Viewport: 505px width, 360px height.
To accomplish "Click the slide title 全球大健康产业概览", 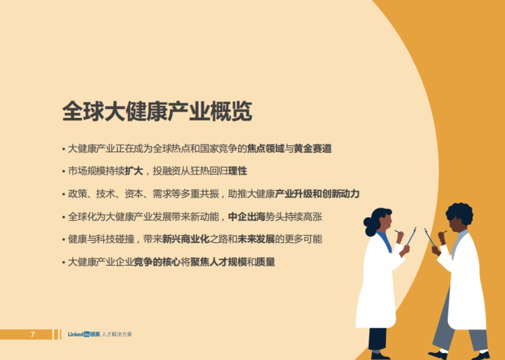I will (157, 111).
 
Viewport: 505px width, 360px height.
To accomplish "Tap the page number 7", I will (32, 335).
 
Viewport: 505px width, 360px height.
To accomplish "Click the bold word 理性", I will (237, 171).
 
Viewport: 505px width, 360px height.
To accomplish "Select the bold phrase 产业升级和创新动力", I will (317, 194).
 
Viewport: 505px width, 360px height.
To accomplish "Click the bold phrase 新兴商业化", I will (186, 239).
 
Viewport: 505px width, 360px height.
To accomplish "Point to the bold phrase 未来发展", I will (256, 239).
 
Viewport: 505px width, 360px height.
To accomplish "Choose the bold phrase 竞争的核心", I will (157, 262).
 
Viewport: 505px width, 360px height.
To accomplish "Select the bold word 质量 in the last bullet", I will (266, 262).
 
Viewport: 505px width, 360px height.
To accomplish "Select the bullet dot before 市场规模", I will (64, 172).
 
